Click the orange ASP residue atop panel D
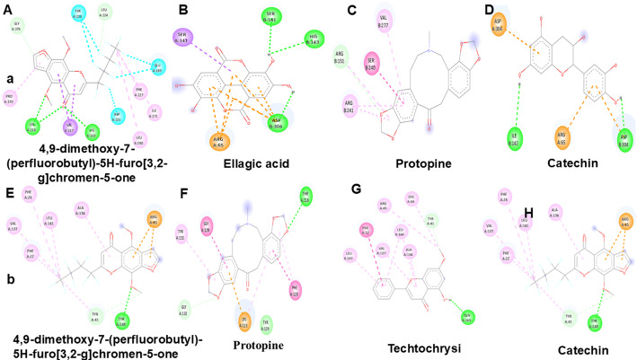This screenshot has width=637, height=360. [500, 24]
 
